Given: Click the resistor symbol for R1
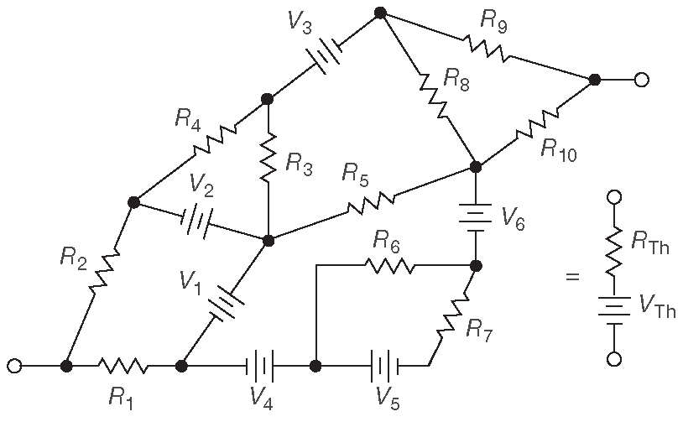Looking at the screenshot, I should coord(123,366).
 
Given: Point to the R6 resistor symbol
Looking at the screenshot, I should coord(388,266).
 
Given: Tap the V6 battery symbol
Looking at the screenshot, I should coord(475,216).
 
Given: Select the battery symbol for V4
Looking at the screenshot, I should coord(261,366).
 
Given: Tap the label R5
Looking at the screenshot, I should coord(355,174).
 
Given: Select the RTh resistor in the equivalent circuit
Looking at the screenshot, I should coord(615,249).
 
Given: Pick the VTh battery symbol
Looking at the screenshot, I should coord(615,311).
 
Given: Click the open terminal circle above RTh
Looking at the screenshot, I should coord(615,198).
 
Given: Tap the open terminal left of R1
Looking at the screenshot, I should coord(14,366).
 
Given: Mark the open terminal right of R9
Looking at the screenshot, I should coord(641,80).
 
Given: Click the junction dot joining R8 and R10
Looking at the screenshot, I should coord(475,166).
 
